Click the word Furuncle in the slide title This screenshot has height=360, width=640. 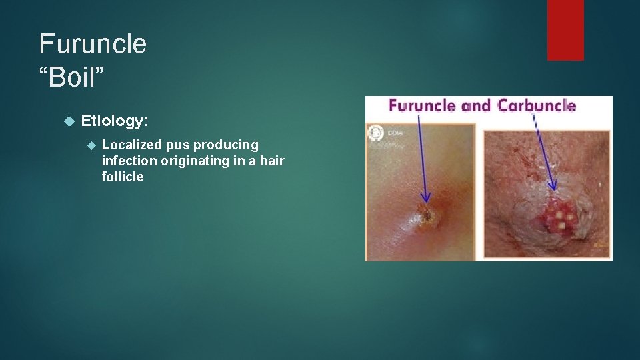point(93,44)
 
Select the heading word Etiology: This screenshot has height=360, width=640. point(114,121)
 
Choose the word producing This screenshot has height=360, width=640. point(226,145)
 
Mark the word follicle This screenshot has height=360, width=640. point(123,177)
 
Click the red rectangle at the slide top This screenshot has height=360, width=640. point(565,30)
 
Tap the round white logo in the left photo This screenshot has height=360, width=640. point(376,132)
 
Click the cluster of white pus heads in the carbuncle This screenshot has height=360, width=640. point(558,218)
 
